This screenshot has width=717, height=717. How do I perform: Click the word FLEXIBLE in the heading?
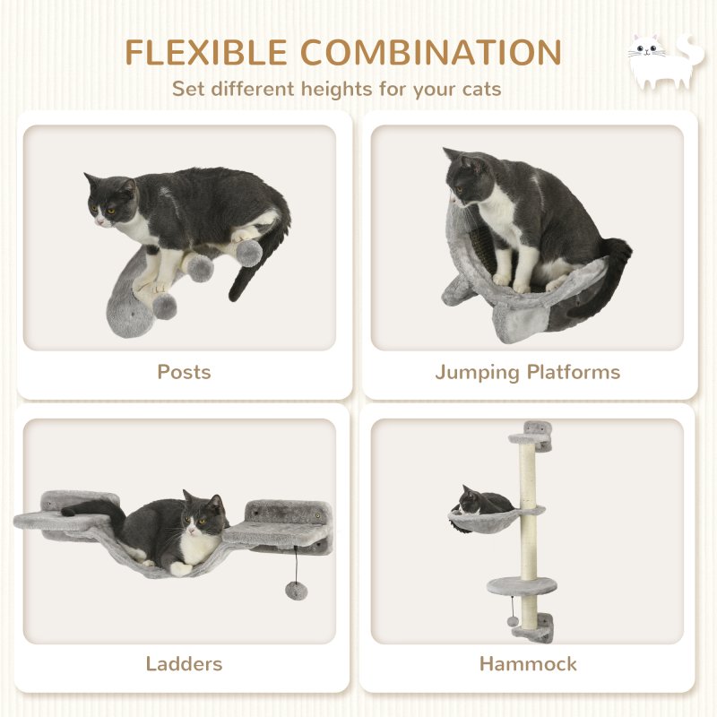point(205,53)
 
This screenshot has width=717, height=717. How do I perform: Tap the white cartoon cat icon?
point(661,61)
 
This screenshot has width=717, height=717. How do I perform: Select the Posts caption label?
point(184,371)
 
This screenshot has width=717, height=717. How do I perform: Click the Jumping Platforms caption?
point(528,371)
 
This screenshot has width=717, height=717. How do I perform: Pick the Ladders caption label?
point(184,664)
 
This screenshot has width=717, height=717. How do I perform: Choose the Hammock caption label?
point(528,664)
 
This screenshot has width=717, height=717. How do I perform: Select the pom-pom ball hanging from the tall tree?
point(510,622)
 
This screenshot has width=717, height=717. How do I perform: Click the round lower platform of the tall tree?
point(522,586)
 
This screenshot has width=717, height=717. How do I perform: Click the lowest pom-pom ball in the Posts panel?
point(164,307)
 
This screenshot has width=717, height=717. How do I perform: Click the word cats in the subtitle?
point(479,90)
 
